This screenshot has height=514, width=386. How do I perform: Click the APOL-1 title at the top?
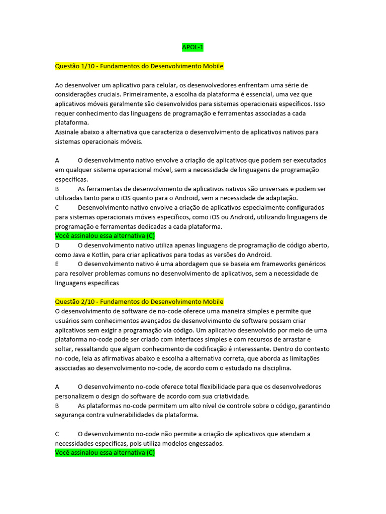coord(192,48)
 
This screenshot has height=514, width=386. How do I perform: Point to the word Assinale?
coord(68,132)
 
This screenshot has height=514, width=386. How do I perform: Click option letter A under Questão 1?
coord(57,161)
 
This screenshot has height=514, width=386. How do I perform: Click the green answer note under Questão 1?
coord(105,236)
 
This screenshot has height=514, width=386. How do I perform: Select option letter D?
coord(57,245)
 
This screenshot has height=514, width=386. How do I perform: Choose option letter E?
coord(57,264)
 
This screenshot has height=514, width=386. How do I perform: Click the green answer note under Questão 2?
coord(105,453)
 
